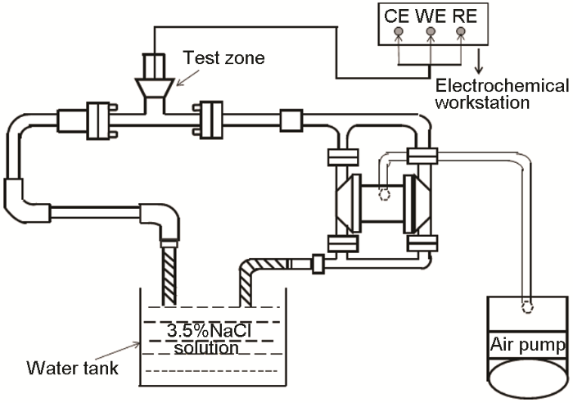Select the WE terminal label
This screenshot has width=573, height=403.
click(430, 14)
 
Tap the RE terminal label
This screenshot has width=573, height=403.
click(461, 14)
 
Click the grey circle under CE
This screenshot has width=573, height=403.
click(399, 33)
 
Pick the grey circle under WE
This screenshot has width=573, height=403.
click(430, 33)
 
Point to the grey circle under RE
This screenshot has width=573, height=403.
click(461, 33)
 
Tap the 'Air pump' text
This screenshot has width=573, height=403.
click(527, 345)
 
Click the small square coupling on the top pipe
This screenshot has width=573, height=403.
click(291, 120)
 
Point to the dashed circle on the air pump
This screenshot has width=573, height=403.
click(529, 310)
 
